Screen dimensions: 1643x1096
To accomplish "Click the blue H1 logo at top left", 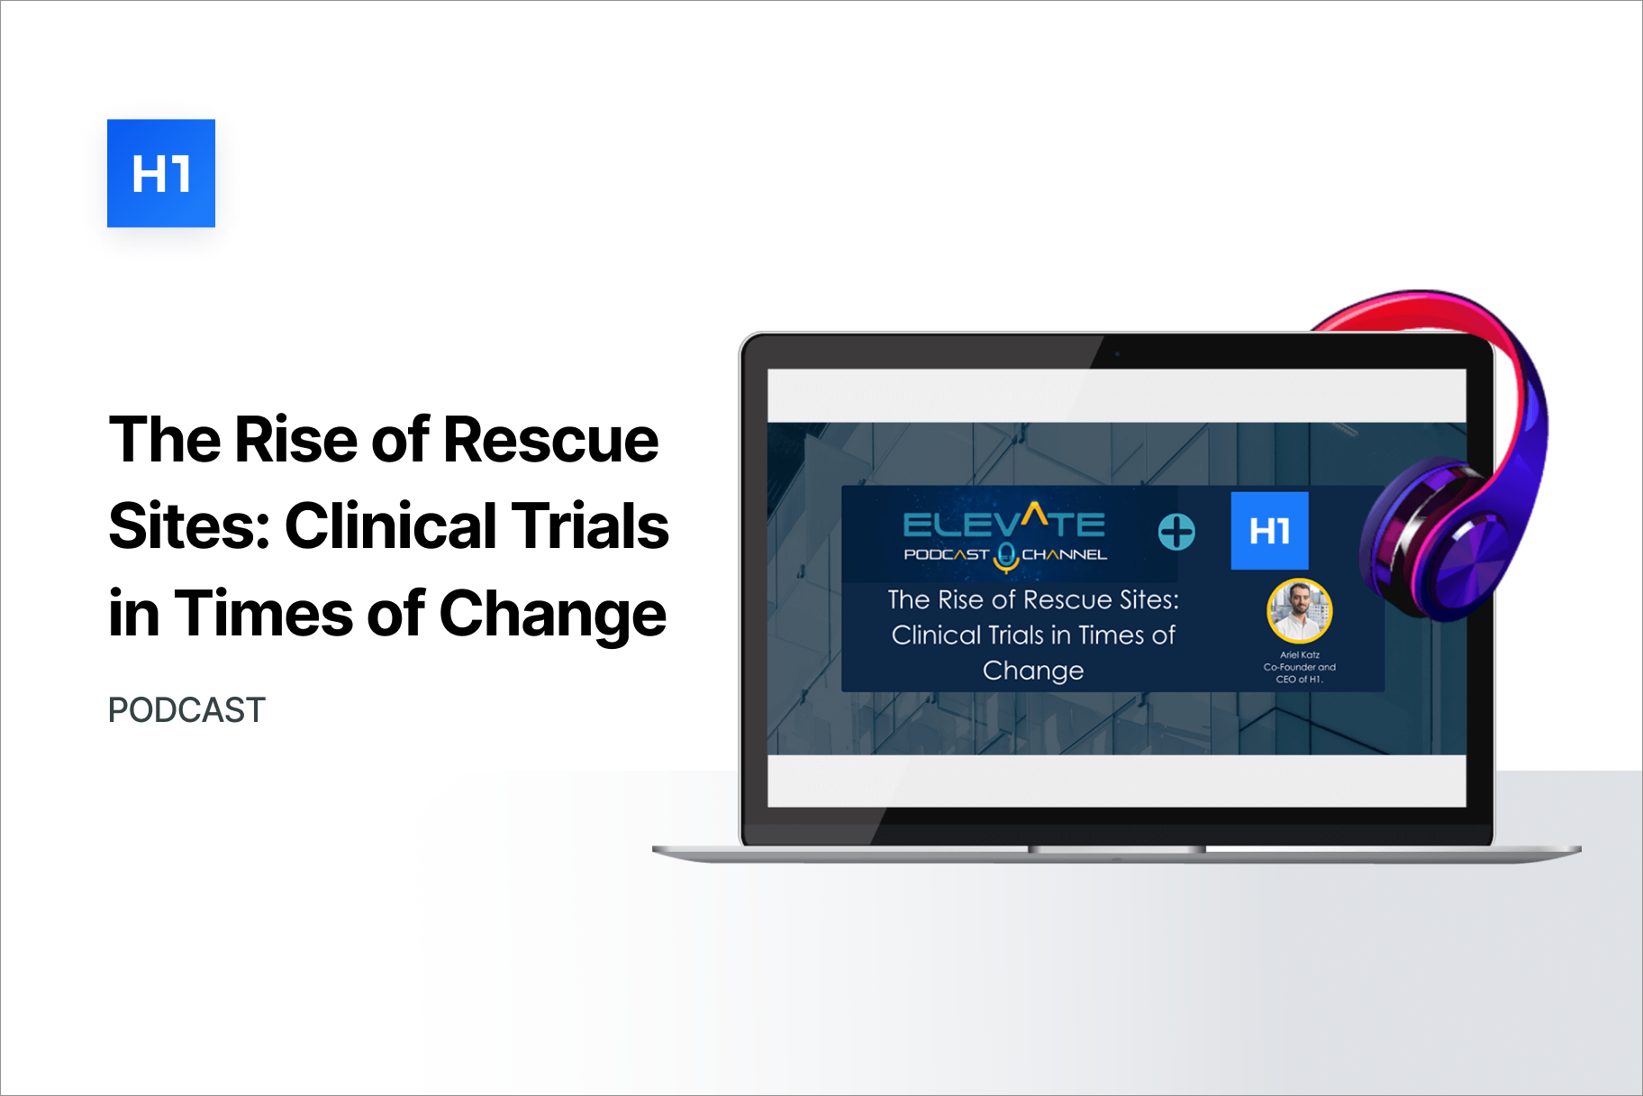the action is coord(161,173).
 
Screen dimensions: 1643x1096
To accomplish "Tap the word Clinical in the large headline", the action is coord(389,526).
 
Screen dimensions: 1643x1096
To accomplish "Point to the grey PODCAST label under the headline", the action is coord(186,710).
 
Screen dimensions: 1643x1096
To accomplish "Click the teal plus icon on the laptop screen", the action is coord(1176,532).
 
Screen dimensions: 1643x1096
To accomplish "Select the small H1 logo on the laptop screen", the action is coord(1270,531).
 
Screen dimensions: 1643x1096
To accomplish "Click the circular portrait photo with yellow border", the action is coord(1300,610).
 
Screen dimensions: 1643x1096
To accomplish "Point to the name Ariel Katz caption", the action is coord(1300,655).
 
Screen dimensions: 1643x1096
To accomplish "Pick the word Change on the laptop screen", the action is coord(1033,671).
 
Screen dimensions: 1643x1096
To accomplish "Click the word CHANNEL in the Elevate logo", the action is coord(1064,554).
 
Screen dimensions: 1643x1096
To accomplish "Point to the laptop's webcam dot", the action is coord(1117,353).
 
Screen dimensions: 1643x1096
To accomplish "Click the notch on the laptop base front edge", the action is coord(1117,849).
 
